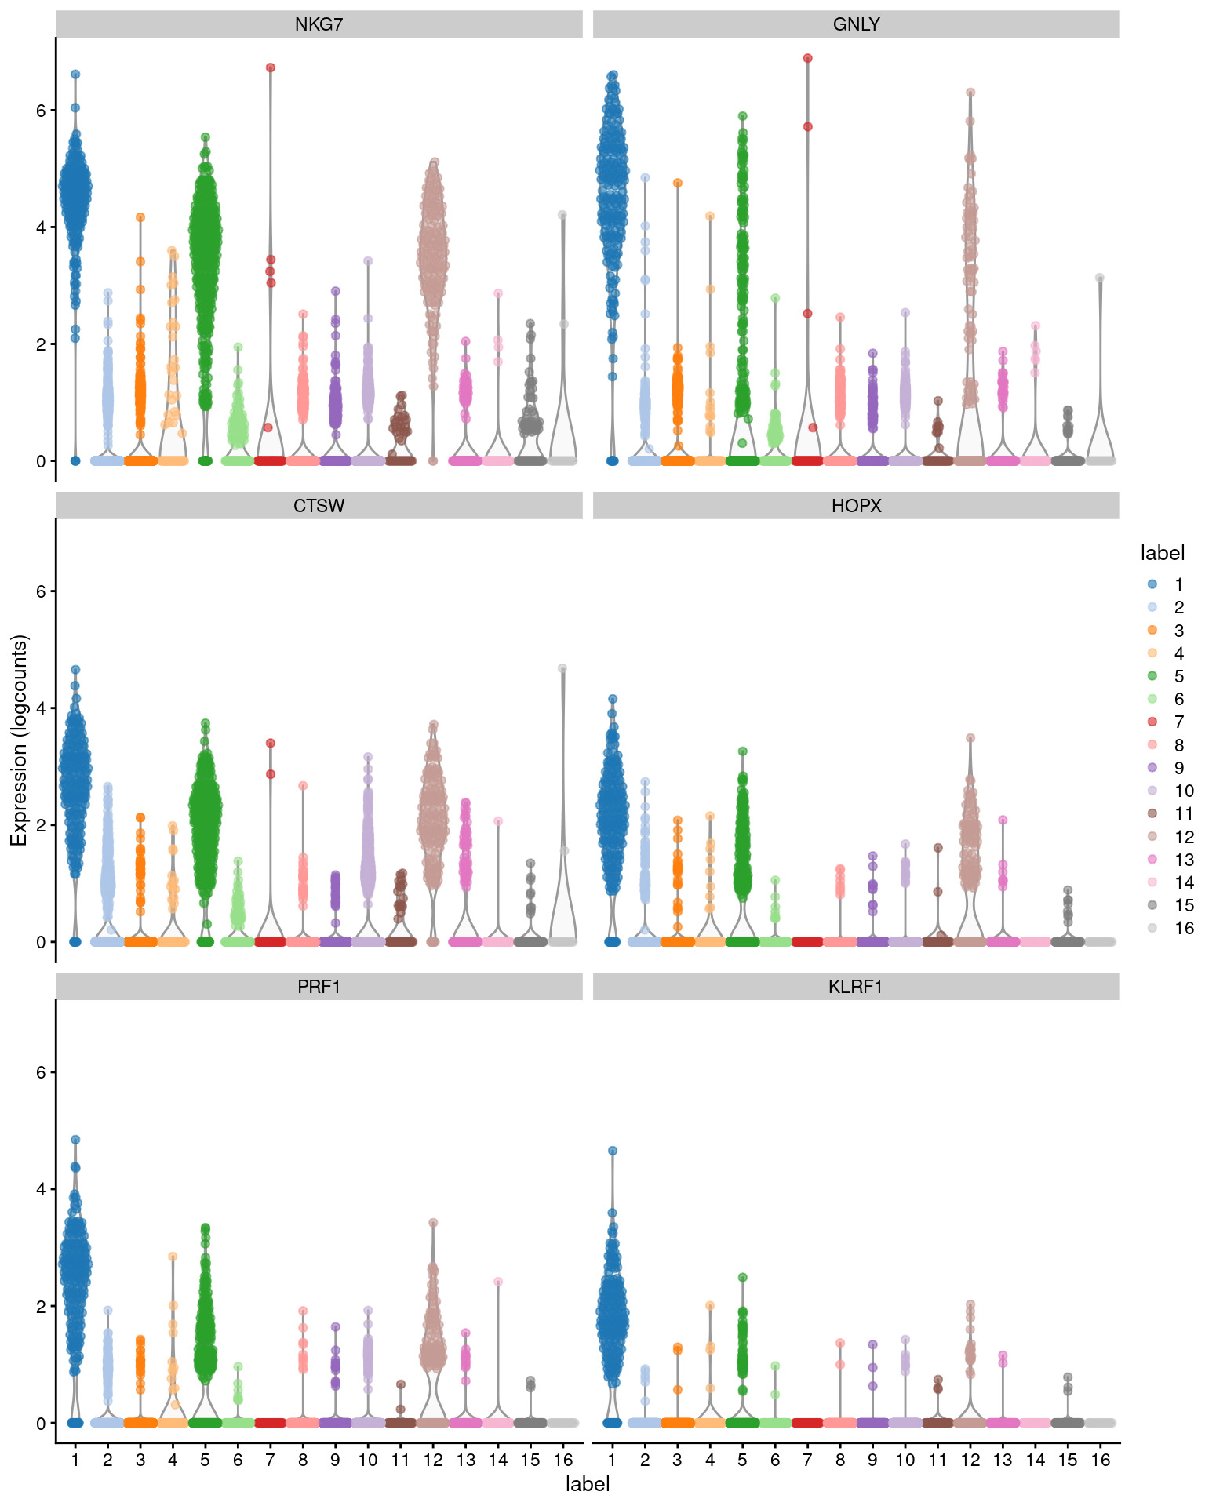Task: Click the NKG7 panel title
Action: [319, 24]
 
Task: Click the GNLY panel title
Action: [856, 24]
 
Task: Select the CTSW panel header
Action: [319, 506]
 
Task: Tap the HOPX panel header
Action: [856, 506]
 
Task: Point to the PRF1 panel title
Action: [319, 987]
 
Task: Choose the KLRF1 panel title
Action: [856, 987]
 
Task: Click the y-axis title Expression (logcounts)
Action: [19, 740]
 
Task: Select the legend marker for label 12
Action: [1152, 836]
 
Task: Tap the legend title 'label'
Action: [1162, 553]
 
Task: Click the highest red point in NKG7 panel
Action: [271, 68]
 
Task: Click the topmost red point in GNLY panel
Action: [807, 59]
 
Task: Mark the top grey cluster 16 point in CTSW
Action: [562, 668]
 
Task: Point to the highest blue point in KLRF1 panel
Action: [613, 1151]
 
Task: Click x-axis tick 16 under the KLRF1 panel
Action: [1100, 1460]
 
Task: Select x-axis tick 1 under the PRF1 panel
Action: [75, 1460]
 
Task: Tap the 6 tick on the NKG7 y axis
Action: [41, 111]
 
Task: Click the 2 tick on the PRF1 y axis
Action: [41, 1307]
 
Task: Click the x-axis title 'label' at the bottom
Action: [588, 1484]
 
